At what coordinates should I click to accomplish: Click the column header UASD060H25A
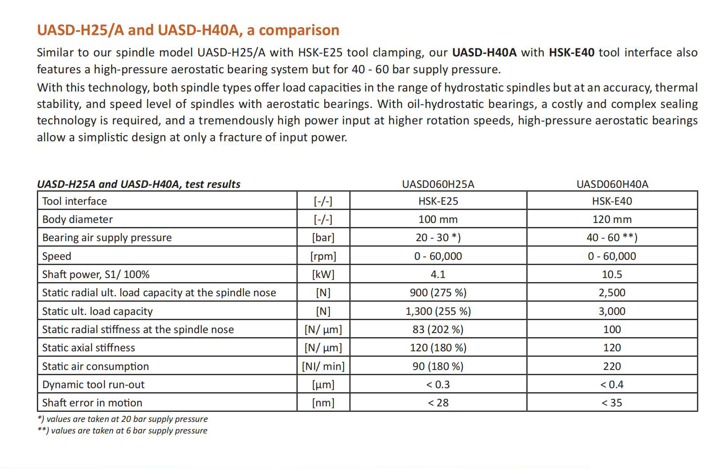(438, 184)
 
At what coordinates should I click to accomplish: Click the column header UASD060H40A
(612, 184)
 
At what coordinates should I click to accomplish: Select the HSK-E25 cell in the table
(438, 201)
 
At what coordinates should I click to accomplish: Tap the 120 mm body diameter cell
(612, 219)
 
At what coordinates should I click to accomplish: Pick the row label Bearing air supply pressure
(107, 238)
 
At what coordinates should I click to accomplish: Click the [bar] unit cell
(323, 238)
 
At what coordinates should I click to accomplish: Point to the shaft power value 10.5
(612, 274)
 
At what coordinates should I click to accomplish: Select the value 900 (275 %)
(438, 293)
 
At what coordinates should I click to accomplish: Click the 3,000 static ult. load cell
(612, 311)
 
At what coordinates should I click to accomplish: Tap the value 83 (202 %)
(438, 330)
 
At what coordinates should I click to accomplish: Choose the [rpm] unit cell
(323, 256)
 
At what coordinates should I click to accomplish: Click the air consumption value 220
(612, 366)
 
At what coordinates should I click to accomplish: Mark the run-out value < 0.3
(438, 385)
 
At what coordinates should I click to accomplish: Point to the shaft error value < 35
(612, 403)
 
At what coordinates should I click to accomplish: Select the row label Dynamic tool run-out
(93, 385)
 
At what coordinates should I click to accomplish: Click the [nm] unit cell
(323, 403)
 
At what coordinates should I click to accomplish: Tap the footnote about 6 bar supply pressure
(123, 431)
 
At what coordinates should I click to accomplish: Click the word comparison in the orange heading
(299, 30)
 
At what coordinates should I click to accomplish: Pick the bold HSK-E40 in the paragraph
(572, 52)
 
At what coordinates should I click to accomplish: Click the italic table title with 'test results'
(139, 184)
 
